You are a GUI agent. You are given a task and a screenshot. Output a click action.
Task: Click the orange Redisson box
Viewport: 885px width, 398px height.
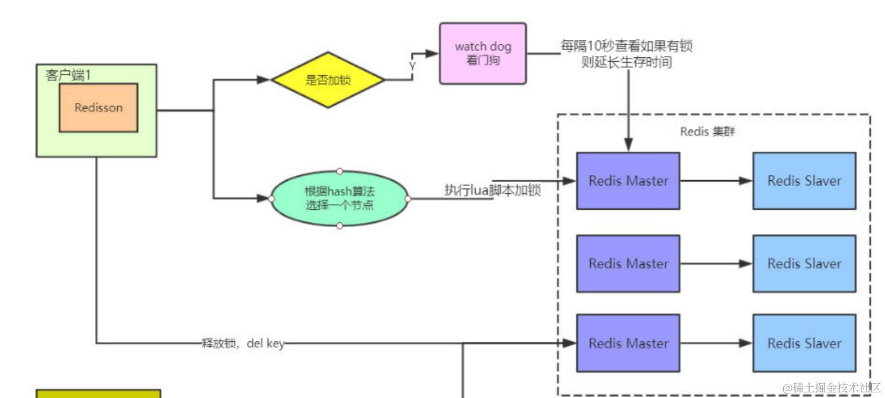(x=98, y=107)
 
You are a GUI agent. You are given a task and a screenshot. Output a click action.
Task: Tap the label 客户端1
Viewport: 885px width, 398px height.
(x=68, y=75)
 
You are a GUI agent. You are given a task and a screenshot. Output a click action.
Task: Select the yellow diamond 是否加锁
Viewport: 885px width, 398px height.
(x=327, y=80)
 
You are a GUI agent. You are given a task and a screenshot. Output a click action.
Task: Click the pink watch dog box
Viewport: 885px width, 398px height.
(x=483, y=53)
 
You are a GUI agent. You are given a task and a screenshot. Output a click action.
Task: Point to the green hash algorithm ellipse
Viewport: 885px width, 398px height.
(x=339, y=199)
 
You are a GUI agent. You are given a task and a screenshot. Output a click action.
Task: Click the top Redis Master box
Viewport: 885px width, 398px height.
(x=628, y=181)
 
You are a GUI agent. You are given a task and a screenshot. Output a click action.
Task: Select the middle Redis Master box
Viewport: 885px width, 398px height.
(x=628, y=263)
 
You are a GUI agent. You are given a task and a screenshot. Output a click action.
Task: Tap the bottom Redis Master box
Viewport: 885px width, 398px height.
(x=628, y=343)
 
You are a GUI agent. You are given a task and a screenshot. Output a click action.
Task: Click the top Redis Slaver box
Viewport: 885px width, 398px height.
(x=804, y=181)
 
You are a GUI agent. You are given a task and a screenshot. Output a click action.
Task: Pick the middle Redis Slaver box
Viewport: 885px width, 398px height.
(x=804, y=263)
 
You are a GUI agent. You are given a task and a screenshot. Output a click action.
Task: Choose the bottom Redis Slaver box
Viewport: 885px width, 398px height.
(x=804, y=343)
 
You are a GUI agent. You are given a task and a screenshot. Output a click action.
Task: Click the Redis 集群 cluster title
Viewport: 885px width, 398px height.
(x=707, y=131)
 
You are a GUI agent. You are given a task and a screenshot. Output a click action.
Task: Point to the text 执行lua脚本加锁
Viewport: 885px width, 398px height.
(x=493, y=190)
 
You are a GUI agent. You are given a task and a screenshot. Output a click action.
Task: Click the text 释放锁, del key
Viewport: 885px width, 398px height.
(x=243, y=344)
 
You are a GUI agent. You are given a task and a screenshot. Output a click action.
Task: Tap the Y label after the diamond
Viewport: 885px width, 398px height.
(x=412, y=66)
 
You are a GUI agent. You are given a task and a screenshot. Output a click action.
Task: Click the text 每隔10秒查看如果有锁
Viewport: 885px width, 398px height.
(x=627, y=46)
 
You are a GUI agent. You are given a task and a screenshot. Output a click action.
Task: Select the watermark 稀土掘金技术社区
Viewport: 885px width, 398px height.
(x=832, y=388)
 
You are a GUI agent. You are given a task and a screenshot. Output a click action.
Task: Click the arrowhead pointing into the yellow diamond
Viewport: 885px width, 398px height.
(x=264, y=80)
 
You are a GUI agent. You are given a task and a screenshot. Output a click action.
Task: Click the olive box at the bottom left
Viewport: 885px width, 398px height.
(x=98, y=394)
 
